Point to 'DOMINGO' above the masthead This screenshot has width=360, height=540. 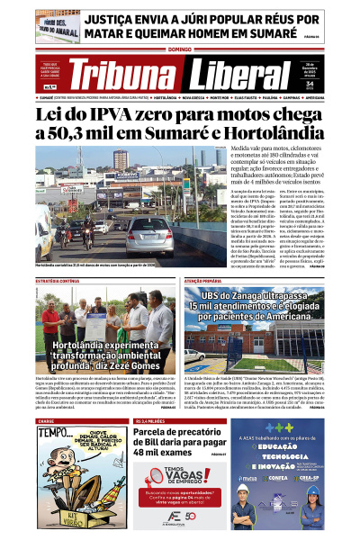[x=179, y=49]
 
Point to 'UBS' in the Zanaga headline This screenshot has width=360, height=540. [x=214, y=296]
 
